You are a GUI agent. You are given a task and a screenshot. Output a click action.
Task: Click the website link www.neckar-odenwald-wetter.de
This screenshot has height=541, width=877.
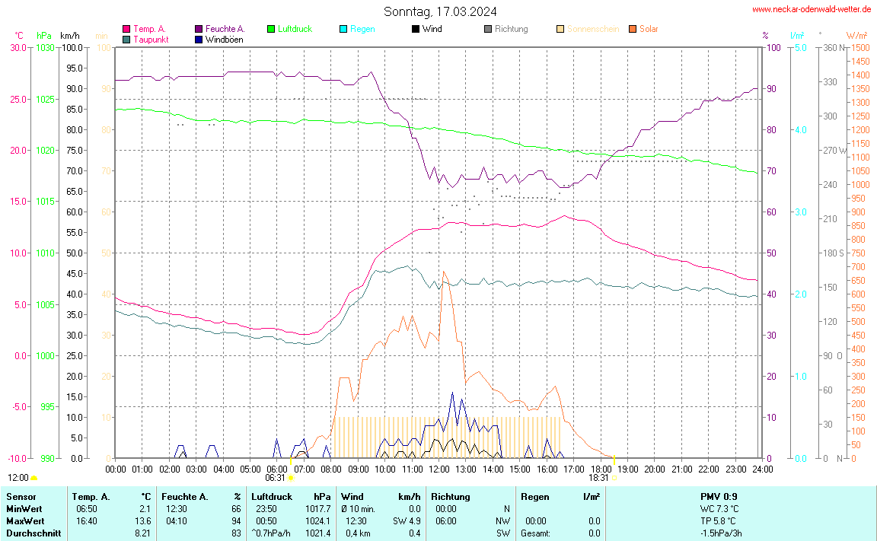coord(812,9)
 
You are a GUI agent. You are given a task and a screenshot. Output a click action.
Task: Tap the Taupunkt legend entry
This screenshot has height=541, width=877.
coord(151,39)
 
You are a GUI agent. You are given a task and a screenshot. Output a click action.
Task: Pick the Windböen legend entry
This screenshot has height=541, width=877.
coord(224,39)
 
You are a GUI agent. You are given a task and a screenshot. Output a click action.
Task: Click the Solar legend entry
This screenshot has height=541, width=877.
coord(649,29)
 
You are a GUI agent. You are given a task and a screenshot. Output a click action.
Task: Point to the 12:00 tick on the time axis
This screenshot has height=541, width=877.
coord(438,469)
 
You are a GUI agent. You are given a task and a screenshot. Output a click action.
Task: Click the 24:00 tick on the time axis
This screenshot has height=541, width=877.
coord(762,469)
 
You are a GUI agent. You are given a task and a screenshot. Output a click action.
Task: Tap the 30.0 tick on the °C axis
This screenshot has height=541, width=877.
coord(18,47)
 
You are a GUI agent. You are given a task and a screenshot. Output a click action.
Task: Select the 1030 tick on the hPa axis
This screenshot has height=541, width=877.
coord(45,47)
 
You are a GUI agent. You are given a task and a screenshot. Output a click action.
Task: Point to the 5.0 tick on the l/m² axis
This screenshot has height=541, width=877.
coord(800,47)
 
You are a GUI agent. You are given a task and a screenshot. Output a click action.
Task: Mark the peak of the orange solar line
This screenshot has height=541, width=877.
coord(443,272)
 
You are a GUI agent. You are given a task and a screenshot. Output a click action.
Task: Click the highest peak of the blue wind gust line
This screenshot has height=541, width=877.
coord(452,393)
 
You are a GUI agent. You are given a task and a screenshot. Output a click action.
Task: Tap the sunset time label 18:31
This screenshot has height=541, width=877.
coord(598,478)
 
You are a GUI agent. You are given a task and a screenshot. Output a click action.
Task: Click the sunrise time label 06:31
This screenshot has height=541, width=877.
coord(275,478)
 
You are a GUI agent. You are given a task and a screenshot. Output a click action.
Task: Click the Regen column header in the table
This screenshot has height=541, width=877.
coord(535,497)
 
